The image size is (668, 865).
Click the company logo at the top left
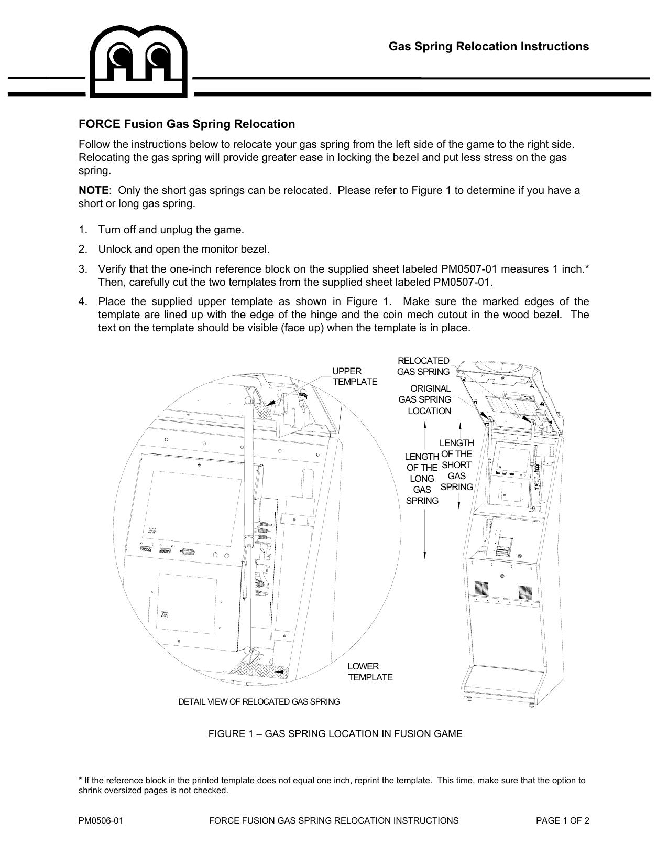(x=139, y=62)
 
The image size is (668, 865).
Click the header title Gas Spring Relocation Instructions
(x=488, y=47)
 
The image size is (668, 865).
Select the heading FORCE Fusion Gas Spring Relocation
(x=187, y=124)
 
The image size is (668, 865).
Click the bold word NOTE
(x=93, y=190)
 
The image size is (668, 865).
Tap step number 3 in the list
(x=82, y=269)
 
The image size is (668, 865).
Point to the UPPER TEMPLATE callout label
(x=354, y=376)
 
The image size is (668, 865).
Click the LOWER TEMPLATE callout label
(x=370, y=672)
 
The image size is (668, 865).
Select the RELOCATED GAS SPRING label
(x=423, y=366)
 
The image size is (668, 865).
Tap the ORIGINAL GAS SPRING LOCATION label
(x=425, y=400)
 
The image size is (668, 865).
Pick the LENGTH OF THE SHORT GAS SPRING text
(x=456, y=465)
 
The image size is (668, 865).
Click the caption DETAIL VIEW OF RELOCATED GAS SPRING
(x=259, y=702)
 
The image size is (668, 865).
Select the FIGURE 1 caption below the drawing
(x=335, y=734)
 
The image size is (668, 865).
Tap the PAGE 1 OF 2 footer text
(x=562, y=821)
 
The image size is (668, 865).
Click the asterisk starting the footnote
(x=80, y=781)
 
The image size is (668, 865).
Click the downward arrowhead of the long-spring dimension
(x=425, y=555)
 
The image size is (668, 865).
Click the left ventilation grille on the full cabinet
(x=481, y=590)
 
